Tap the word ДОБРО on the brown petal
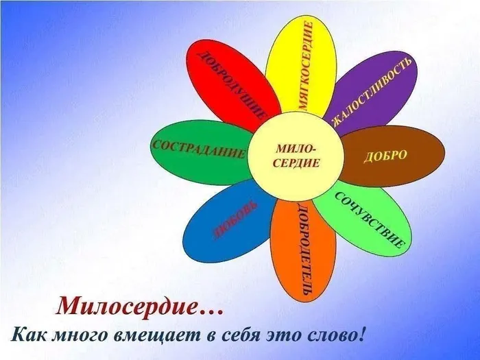click(x=385, y=156)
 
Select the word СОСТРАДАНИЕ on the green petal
click(x=198, y=149)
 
